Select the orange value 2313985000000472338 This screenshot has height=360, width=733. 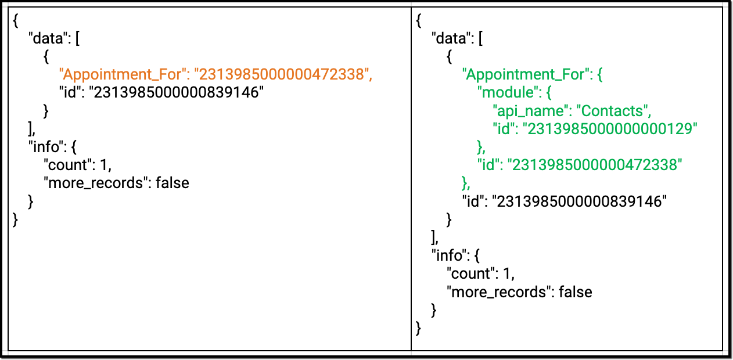(x=282, y=74)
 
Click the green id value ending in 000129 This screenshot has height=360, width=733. (x=610, y=129)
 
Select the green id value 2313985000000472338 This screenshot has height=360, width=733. (x=595, y=165)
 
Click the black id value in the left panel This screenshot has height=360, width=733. (x=176, y=92)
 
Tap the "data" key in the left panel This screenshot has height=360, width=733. (x=48, y=38)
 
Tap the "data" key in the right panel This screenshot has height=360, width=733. (x=451, y=38)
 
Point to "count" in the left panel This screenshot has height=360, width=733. (x=67, y=165)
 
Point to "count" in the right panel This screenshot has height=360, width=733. (x=470, y=273)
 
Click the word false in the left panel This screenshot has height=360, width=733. (x=172, y=183)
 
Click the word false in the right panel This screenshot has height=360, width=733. (x=575, y=291)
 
